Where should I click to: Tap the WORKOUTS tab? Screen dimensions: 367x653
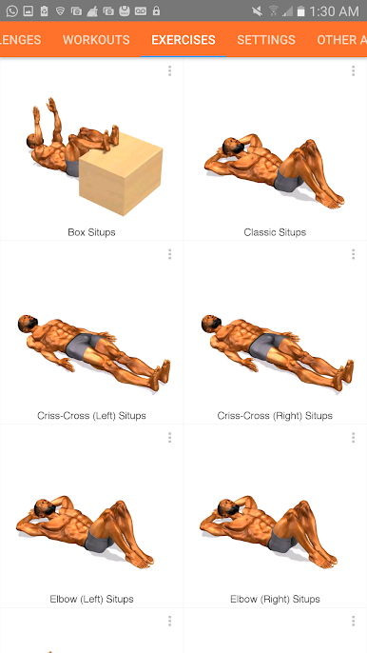[96, 40]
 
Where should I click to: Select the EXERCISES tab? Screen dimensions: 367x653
[183, 40]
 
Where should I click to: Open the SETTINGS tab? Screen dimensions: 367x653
[266, 40]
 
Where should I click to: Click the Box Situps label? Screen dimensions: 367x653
[91, 232]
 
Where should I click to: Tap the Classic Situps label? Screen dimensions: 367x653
[275, 232]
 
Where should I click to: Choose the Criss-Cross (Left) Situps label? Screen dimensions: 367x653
[91, 416]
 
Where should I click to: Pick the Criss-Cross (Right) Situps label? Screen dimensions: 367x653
[275, 416]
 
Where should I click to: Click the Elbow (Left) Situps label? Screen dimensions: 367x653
[91, 599]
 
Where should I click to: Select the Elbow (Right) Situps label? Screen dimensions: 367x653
[275, 599]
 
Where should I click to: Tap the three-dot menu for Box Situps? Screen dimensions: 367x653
[170, 71]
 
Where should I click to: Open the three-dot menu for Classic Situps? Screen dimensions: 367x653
[354, 71]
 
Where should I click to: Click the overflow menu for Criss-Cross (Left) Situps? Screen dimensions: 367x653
[170, 254]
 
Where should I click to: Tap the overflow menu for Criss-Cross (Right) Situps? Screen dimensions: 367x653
[354, 254]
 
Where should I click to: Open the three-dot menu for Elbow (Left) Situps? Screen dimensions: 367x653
[170, 438]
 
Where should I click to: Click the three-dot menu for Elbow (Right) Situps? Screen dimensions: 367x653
[354, 438]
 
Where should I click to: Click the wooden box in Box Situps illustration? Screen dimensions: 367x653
[121, 175]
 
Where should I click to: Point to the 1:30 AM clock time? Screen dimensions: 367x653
[334, 11]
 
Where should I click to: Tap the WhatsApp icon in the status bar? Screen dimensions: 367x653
[12, 10]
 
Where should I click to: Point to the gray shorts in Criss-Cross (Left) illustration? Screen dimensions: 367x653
[84, 346]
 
